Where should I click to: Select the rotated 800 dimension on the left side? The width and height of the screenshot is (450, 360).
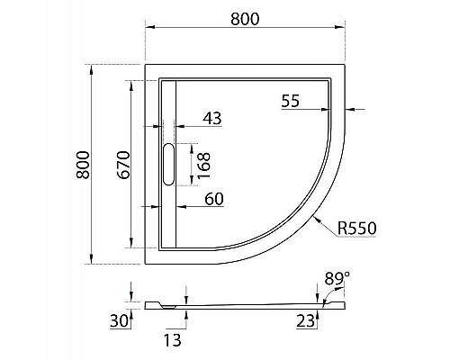click(x=83, y=164)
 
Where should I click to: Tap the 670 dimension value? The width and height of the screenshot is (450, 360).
click(x=125, y=164)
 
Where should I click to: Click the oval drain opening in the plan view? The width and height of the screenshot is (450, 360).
click(x=168, y=165)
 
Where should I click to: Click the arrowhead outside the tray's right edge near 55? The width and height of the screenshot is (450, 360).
click(x=349, y=111)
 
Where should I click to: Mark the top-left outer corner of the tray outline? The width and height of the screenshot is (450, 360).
click(x=147, y=65)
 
